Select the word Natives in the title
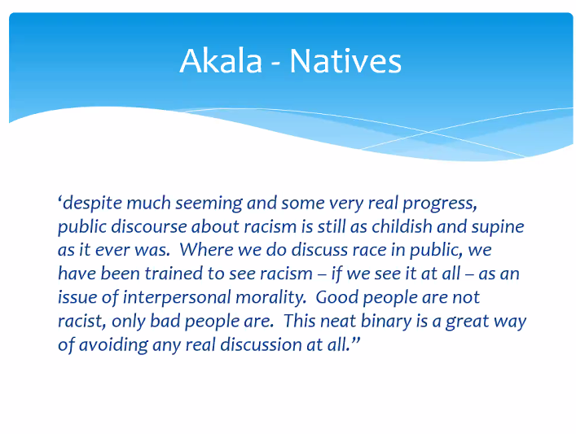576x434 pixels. tap(345, 61)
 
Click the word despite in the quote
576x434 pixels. tap(91, 203)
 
